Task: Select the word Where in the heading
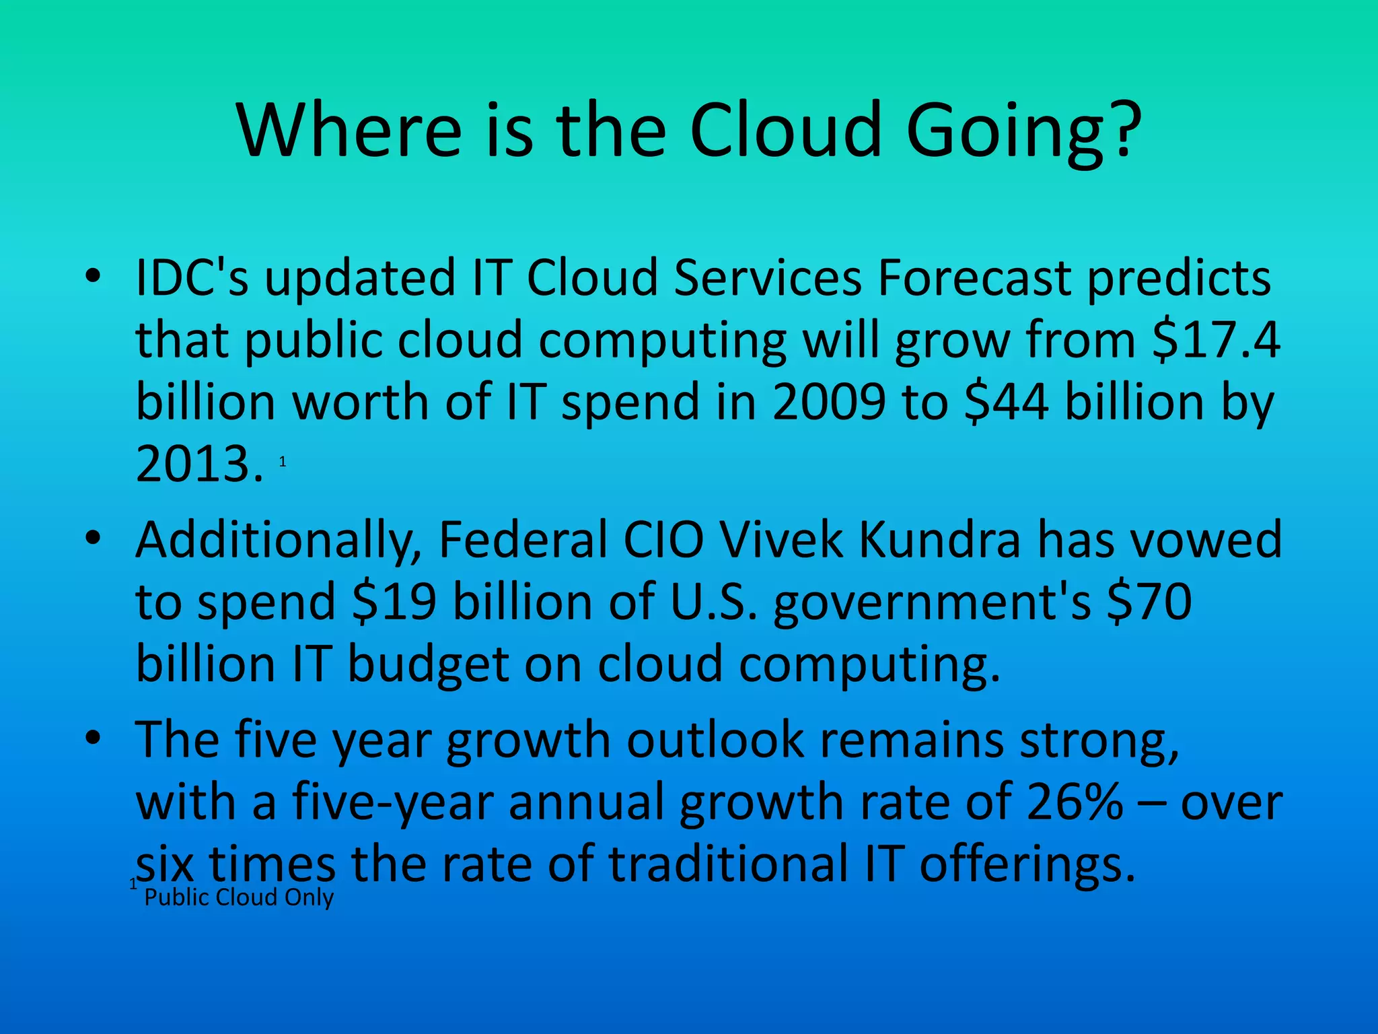coord(350,129)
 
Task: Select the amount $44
coord(1006,402)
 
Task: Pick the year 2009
coord(829,402)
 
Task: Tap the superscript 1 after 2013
coord(283,462)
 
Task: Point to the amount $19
coord(394,601)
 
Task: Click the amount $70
coord(1149,601)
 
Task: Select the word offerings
coord(1027,864)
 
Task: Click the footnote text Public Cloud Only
coord(239,897)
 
